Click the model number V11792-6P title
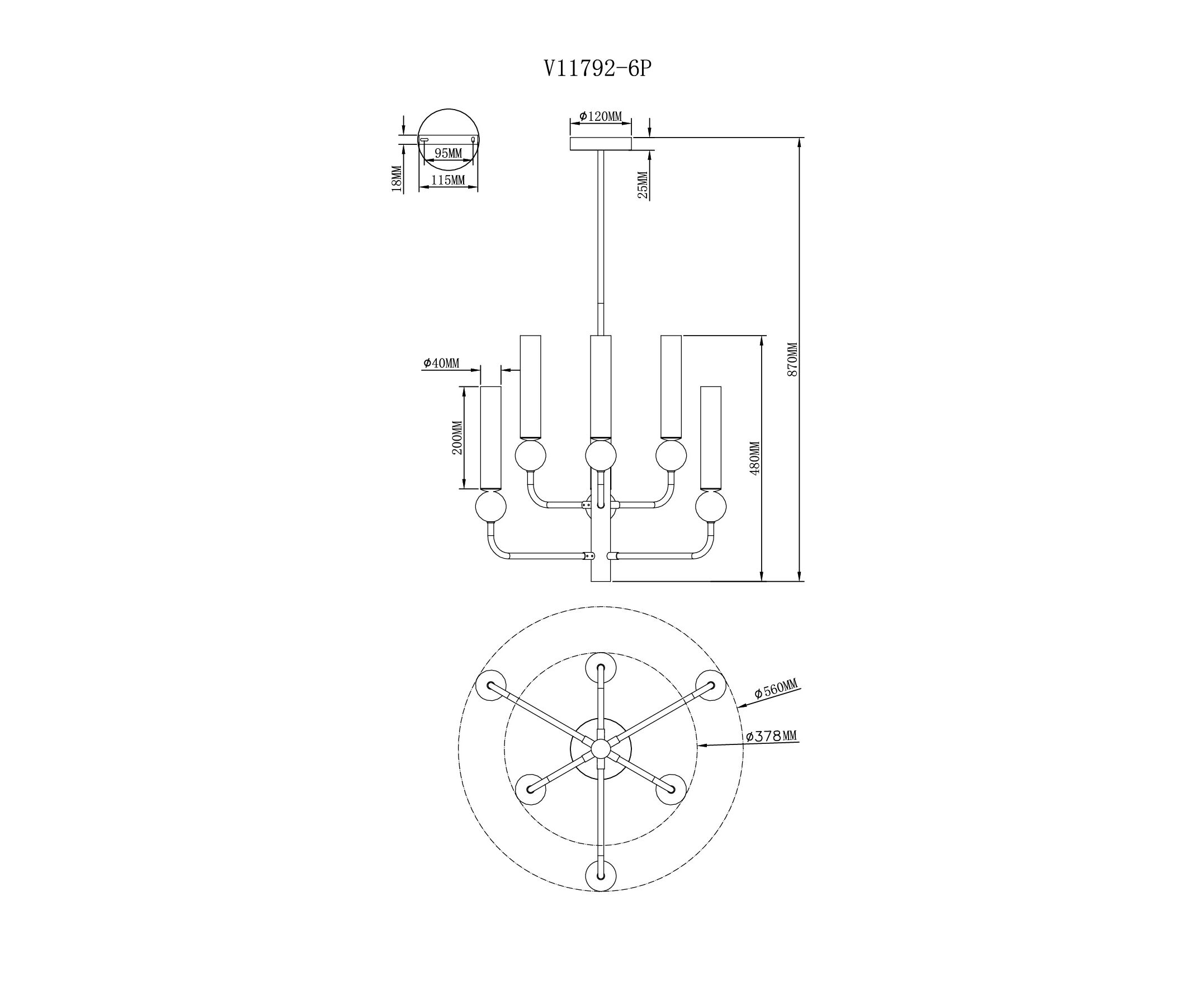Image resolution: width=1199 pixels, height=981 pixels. point(598,69)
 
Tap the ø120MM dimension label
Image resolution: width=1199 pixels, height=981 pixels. point(600,116)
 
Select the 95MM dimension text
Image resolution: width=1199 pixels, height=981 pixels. point(448,153)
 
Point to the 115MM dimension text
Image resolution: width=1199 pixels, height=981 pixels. point(448,180)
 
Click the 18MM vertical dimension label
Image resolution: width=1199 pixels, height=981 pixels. point(396,179)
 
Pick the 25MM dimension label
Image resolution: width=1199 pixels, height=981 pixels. point(643,185)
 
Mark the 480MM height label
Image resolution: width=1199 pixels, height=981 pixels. point(755,458)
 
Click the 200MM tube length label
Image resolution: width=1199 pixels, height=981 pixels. point(457,438)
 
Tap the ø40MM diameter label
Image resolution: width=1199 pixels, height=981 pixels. point(441,363)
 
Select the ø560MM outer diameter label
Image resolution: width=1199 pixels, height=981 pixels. point(776,690)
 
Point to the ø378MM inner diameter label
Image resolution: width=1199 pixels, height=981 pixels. point(771,737)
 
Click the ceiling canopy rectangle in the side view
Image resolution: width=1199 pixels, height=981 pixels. point(600,144)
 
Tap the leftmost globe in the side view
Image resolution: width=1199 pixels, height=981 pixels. point(490,506)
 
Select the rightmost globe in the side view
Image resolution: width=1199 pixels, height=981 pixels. point(710,506)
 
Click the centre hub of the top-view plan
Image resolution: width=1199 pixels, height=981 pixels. point(600,749)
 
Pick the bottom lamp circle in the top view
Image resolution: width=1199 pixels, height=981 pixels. point(600,876)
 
